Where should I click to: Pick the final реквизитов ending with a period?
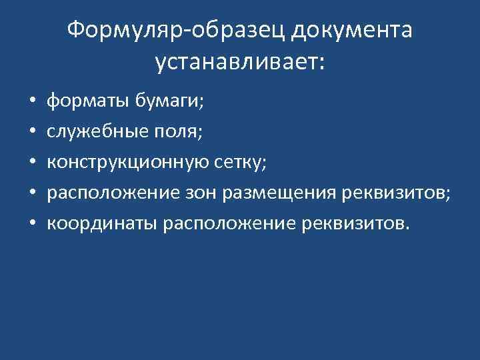coord(351,223)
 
